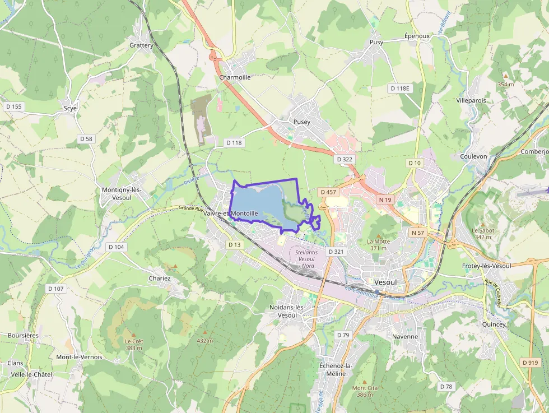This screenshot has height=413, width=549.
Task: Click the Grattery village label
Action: coord(141,45)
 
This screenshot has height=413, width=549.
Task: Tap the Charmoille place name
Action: coord(235,77)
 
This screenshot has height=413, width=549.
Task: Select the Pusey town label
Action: coord(301,122)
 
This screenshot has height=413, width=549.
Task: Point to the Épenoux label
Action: coord(417,36)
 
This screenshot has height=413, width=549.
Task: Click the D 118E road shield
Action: coord(400,89)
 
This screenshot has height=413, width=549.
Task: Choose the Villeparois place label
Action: coord(471,101)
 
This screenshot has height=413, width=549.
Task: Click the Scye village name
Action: coord(70,108)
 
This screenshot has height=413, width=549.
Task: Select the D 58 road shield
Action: coord(86,138)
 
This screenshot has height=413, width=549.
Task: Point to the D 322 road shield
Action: coord(345,159)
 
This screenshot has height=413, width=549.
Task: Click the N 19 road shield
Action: coord(385,199)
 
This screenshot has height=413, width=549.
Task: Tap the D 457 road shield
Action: coord(329,192)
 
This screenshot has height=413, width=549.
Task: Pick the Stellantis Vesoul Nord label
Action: coord(306,259)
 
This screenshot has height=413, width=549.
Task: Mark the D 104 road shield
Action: coord(117,247)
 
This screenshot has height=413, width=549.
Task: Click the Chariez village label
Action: coord(159,278)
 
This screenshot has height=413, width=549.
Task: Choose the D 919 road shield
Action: coord(530,363)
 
